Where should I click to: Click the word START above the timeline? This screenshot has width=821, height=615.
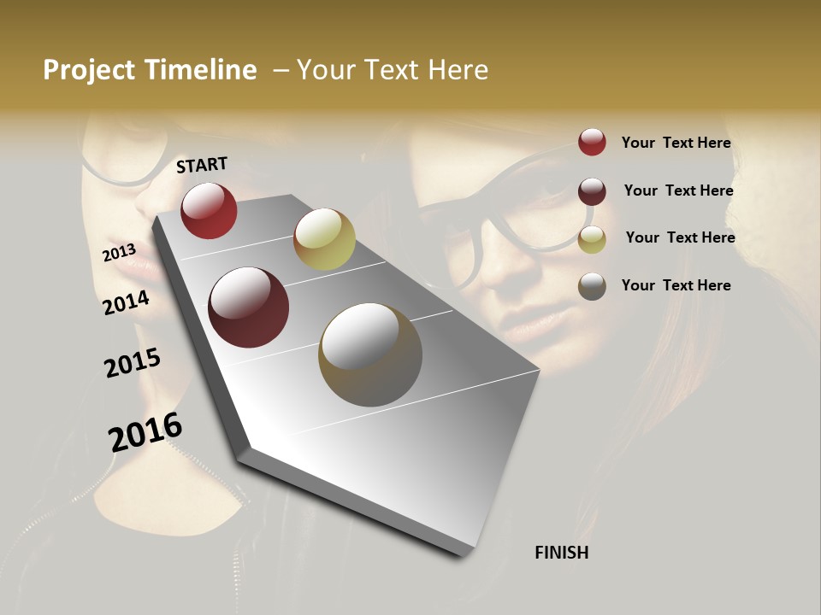[x=202, y=165]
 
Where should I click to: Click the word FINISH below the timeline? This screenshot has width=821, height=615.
[x=561, y=553]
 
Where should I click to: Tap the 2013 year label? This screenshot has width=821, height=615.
[x=119, y=252]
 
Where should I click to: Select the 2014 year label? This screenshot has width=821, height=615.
[x=126, y=302]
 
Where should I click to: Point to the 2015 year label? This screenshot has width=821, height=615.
[x=133, y=363]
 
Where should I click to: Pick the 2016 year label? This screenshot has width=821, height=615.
[x=145, y=432]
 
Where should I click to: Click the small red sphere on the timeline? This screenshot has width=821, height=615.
[x=209, y=211]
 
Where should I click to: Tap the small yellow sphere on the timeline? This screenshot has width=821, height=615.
[x=324, y=239]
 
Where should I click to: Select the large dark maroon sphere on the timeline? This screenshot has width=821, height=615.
[x=249, y=307]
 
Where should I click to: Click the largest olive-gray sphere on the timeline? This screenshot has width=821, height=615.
[x=370, y=354]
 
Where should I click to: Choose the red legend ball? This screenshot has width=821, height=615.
[x=592, y=142]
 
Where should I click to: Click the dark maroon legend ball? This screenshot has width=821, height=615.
[x=592, y=191]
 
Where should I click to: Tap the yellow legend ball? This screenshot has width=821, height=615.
[x=592, y=239]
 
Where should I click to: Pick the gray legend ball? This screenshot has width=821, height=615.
[x=592, y=286]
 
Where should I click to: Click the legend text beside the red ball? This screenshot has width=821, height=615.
[x=676, y=143]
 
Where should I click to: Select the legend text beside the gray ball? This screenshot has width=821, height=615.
[x=676, y=285]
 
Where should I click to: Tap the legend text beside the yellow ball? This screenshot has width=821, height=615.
[x=680, y=237]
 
